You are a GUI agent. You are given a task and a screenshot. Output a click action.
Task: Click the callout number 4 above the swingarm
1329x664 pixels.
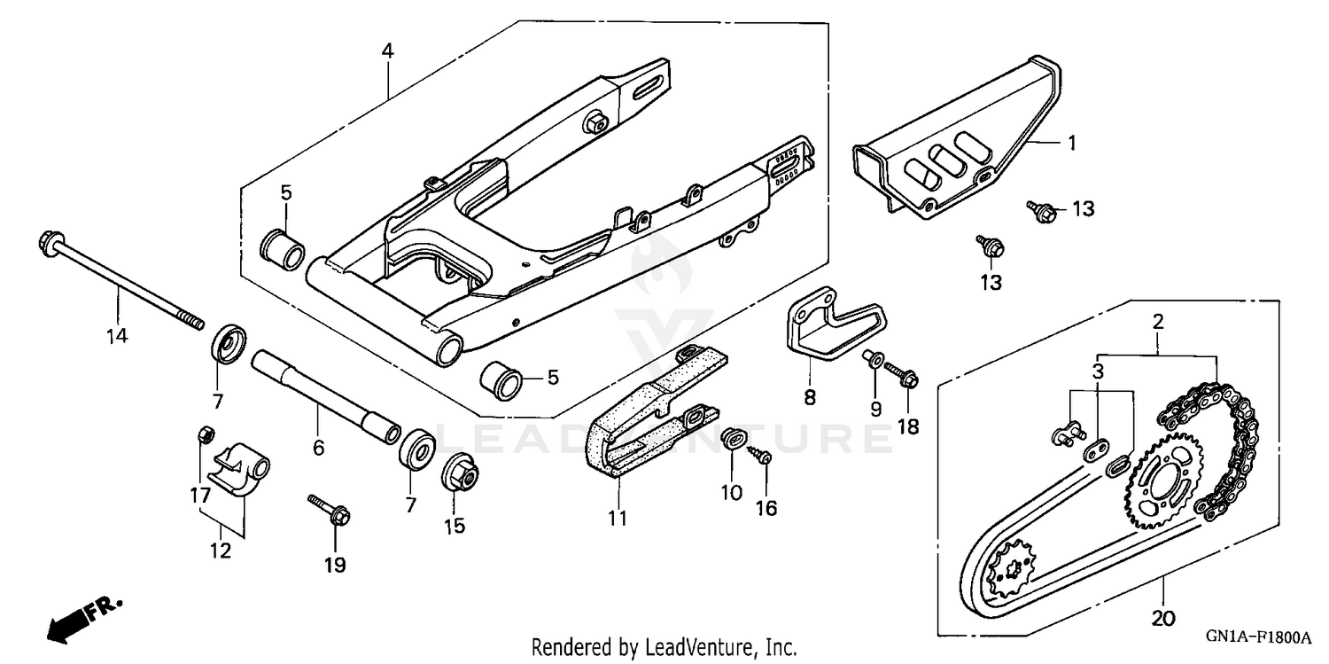point(387,51)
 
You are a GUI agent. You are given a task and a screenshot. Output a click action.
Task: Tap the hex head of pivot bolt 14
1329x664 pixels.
point(48,240)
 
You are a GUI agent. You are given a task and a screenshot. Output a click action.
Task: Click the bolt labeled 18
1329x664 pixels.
point(902,373)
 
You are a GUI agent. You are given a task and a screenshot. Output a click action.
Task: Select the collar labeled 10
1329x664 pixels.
point(733,437)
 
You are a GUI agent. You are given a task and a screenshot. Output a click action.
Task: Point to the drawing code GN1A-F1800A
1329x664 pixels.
point(1256,637)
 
